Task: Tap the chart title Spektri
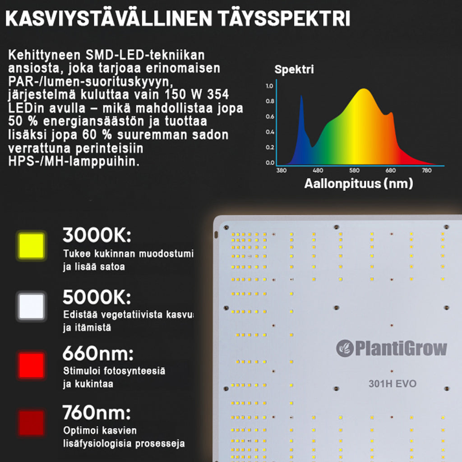click(294, 70)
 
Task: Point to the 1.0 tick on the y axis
click(270, 86)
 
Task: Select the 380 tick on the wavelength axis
click(281, 171)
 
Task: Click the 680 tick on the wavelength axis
click(391, 171)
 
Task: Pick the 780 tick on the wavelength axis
click(426, 171)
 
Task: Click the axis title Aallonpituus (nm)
click(359, 184)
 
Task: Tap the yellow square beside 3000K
click(32, 246)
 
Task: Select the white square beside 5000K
click(31, 307)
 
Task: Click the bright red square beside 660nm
click(31, 365)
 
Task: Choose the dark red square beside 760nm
click(31, 423)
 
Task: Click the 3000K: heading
click(97, 236)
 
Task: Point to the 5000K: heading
click(97, 297)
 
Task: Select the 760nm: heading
click(97, 412)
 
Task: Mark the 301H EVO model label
click(392, 384)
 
